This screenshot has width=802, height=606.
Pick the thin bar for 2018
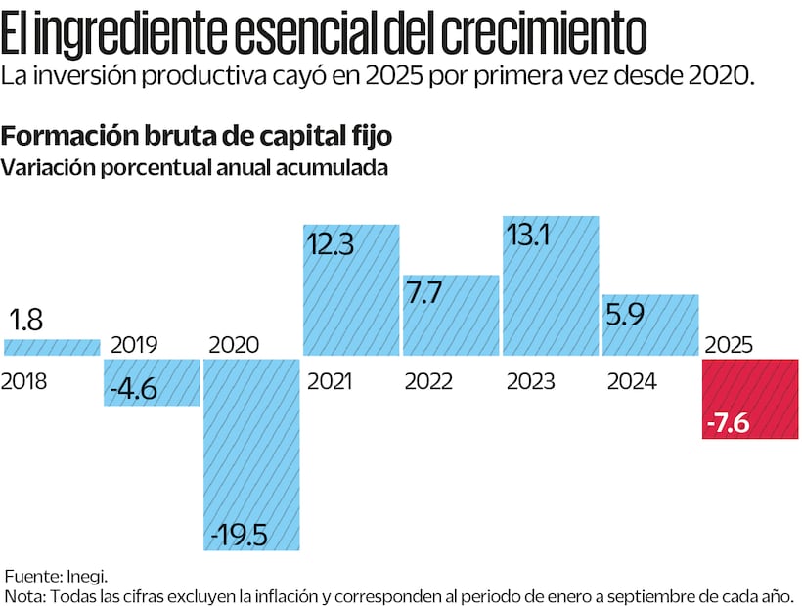pos(53,348)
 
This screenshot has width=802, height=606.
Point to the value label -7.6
pos(729,424)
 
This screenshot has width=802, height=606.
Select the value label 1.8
pos(27,320)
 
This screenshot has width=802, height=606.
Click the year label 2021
pos(331,381)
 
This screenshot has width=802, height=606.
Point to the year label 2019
pos(133,344)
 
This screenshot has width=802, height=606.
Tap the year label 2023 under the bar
pos(531,381)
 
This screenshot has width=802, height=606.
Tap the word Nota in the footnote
pos(22,595)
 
